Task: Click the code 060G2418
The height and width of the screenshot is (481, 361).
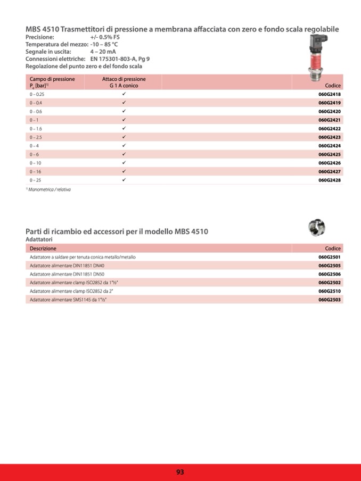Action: tap(330, 94)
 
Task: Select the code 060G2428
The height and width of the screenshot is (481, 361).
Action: tap(330, 180)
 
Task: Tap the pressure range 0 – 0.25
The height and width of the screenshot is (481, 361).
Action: tap(37, 94)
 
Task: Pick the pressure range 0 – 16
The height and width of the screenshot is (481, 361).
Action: tap(36, 172)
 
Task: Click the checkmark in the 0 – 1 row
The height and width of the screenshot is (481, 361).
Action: tap(124, 120)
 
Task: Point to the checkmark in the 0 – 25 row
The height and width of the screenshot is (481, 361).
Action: tap(124, 180)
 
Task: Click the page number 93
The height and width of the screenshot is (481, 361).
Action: tap(180, 472)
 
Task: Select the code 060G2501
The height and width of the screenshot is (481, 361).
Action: tap(330, 257)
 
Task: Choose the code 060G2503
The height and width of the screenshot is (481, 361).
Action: tap(330, 300)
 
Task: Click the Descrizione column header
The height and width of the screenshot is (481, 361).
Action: tap(43, 248)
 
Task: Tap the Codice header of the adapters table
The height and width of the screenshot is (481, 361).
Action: tap(333, 248)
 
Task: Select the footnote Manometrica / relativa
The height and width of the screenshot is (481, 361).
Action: tap(49, 189)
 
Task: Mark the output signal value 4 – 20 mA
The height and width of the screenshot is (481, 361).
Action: tap(103, 52)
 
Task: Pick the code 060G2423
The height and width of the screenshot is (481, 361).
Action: tap(330, 137)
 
